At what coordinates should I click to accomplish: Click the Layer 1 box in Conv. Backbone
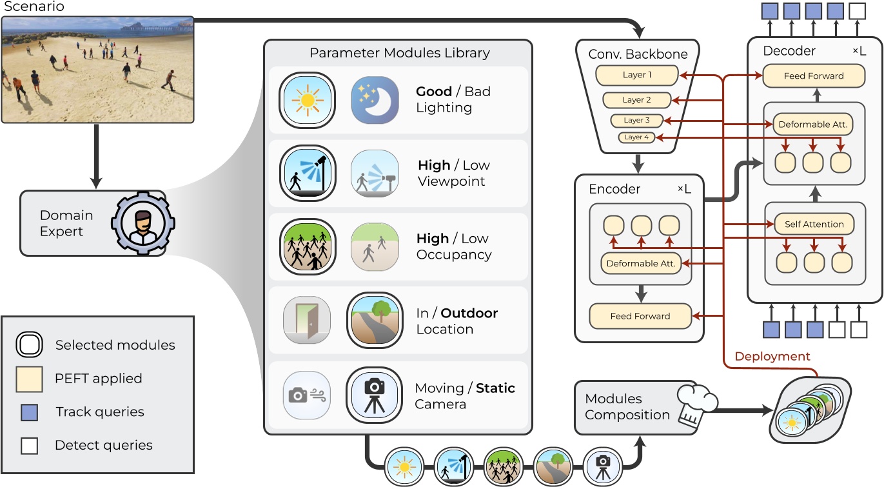(637, 75)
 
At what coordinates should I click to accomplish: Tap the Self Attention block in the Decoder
(814, 225)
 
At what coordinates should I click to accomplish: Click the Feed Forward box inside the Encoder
(640, 316)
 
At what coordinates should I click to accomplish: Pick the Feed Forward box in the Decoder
(813, 75)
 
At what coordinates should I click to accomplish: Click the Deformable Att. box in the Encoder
(641, 263)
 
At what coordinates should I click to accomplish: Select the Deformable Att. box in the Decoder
(812, 124)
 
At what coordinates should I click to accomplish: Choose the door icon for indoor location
(307, 321)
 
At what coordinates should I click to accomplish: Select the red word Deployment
(772, 356)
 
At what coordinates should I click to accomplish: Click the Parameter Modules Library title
(399, 53)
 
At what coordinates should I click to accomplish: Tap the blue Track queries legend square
(30, 412)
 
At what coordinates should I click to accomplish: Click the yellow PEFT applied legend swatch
(30, 379)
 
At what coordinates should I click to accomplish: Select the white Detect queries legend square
(30, 445)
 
